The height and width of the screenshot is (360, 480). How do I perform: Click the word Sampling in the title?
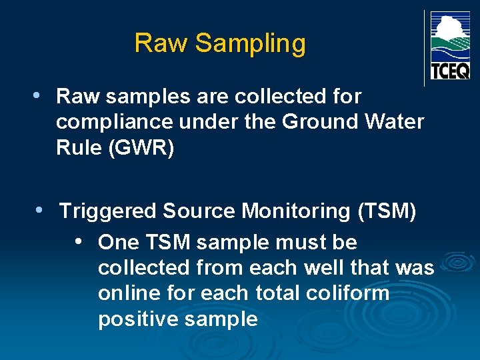click(x=251, y=44)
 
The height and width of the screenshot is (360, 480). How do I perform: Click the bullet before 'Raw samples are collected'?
click(x=37, y=95)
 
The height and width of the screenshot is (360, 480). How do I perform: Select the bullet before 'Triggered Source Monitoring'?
click(x=40, y=210)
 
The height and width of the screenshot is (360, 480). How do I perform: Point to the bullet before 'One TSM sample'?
click(x=79, y=241)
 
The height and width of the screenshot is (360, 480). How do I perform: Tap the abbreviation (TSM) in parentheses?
click(x=387, y=211)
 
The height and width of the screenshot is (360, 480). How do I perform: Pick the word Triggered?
click(x=109, y=212)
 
